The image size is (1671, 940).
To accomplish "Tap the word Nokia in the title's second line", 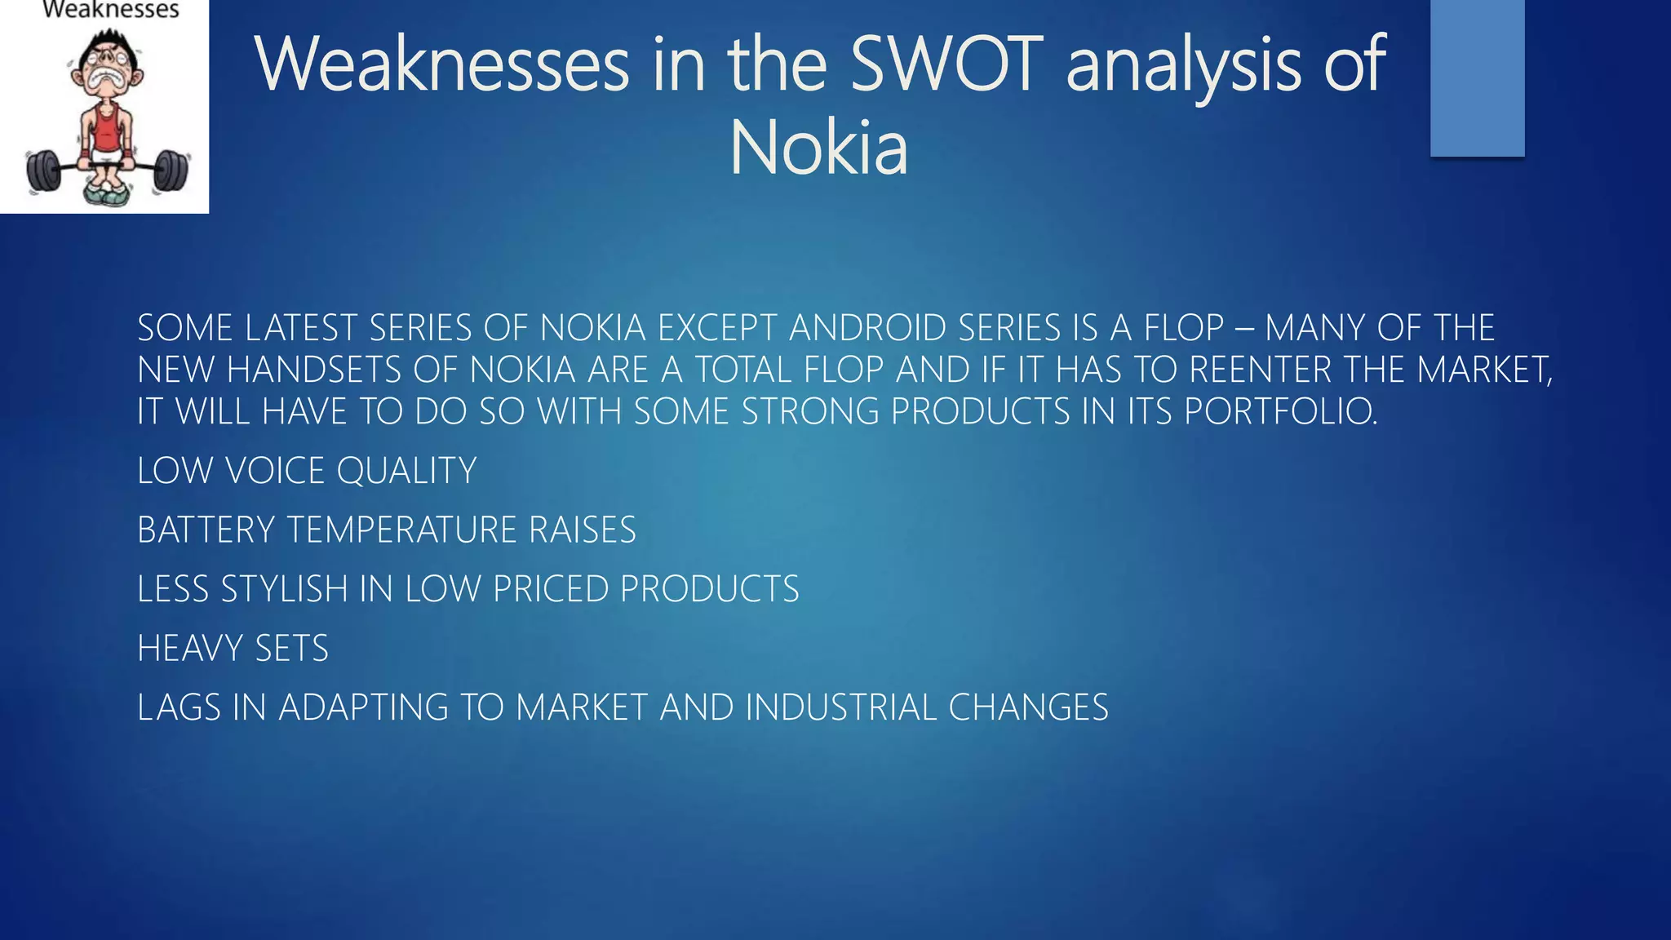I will point(818,149).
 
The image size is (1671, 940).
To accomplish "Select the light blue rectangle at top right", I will point(1477,78).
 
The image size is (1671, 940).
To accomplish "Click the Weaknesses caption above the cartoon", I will point(110,10).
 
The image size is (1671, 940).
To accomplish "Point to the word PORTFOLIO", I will point(1280,411).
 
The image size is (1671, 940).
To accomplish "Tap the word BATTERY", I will point(206,530).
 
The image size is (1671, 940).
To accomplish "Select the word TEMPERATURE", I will point(402,530).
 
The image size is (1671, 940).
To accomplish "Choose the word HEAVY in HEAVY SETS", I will point(191,649).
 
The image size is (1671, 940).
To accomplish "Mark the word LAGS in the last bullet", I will point(180,707).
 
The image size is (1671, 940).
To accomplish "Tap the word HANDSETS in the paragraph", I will point(314,370).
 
